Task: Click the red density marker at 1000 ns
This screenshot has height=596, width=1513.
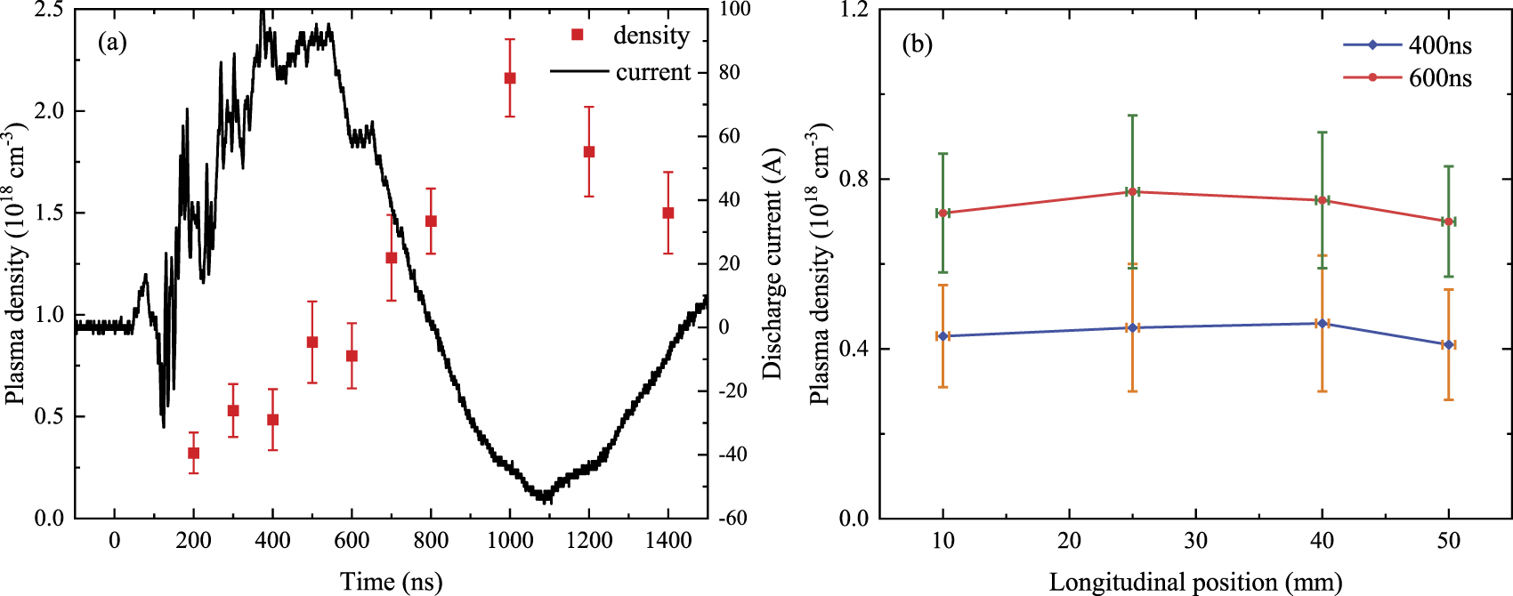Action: (x=510, y=78)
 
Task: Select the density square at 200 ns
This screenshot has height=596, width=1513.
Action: (x=193, y=453)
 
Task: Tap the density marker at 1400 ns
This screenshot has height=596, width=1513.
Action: (x=668, y=213)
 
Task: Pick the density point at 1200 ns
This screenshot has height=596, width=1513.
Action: (x=589, y=152)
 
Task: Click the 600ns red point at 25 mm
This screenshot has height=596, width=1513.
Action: (x=1132, y=191)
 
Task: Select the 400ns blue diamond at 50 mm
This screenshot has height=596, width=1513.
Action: (x=1449, y=344)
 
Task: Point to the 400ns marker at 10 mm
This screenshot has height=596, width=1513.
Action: (x=943, y=336)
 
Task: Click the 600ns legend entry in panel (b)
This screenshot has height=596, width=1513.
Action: (x=1440, y=78)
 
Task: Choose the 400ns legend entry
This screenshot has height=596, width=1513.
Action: (x=1440, y=44)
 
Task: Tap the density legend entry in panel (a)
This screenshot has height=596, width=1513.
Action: (x=651, y=35)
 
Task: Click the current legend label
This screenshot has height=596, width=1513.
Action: (x=652, y=71)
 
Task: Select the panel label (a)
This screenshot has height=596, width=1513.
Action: (x=112, y=42)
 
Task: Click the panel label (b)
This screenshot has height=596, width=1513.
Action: (x=918, y=44)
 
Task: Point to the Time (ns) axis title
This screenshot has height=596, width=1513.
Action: (x=391, y=582)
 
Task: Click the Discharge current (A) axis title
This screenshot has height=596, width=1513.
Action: (x=773, y=264)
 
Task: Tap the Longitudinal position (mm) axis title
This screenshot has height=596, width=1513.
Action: (x=1195, y=583)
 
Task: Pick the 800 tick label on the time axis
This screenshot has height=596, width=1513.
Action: (x=431, y=541)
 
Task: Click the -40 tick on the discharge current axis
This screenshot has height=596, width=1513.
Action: (x=733, y=455)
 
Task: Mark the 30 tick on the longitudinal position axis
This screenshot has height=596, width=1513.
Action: (x=1195, y=541)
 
